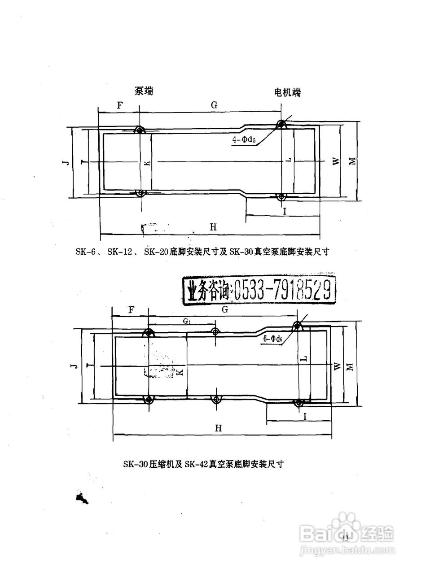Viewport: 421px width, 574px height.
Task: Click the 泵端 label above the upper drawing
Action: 144,91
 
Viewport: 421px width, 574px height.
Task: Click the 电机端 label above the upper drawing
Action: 288,93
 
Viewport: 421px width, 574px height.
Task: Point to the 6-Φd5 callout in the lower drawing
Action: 273,339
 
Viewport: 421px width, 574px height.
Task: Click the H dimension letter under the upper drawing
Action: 213,227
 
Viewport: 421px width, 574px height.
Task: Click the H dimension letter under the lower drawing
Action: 218,428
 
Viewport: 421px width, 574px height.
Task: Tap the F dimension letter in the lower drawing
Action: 131,310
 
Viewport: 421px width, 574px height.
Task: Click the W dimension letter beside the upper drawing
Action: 336,162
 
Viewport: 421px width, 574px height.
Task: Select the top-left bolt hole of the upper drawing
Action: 140,130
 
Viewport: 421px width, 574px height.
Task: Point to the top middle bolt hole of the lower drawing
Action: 215,332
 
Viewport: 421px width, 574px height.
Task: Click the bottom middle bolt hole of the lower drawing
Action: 216,400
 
